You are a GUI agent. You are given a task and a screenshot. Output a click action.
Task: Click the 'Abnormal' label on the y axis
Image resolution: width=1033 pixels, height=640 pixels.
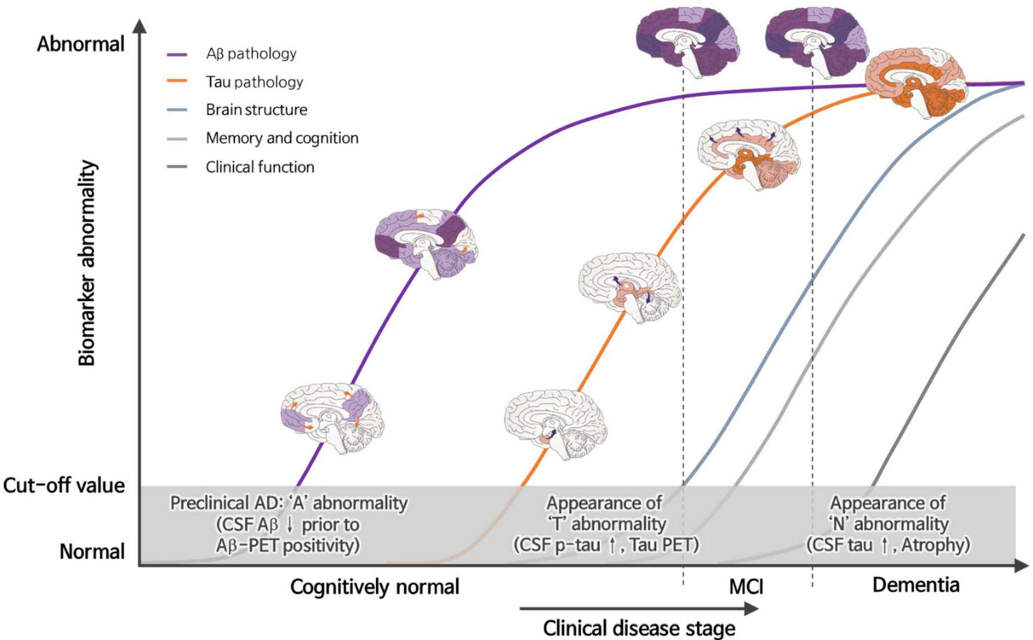point(81,44)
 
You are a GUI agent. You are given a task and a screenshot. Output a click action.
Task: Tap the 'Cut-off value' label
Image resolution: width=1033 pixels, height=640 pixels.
point(64,485)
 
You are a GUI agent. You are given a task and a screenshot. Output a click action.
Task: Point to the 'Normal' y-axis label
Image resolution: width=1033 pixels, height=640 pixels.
point(92,551)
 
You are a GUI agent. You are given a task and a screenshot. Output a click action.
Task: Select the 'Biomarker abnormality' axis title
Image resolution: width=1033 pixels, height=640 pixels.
point(86,263)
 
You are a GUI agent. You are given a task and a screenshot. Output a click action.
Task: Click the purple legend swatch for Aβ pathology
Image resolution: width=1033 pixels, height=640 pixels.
point(177,54)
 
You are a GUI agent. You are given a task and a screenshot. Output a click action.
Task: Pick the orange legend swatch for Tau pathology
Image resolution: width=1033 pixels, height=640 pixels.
point(177,81)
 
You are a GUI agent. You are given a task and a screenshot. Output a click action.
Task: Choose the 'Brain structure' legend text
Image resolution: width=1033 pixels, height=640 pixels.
point(257,110)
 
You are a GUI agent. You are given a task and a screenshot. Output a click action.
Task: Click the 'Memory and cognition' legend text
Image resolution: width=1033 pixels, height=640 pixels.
point(282,138)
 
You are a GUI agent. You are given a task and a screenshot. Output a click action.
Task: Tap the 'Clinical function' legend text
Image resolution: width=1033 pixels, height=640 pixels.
point(260,166)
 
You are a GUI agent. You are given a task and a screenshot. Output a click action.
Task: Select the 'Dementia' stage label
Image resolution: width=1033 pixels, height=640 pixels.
point(916,585)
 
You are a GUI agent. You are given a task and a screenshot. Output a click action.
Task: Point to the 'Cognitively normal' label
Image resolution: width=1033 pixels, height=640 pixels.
point(375,587)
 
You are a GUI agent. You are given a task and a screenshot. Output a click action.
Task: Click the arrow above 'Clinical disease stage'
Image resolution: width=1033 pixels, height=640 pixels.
point(639,608)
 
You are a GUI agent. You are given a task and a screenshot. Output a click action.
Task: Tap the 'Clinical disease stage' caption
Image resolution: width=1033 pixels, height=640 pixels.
point(639,628)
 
